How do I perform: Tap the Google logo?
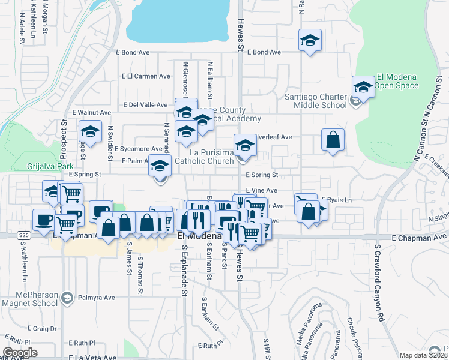[20, 353]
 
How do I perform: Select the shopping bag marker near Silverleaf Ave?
[333, 140]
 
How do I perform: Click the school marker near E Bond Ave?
[310, 41]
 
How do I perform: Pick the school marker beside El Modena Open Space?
[364, 87]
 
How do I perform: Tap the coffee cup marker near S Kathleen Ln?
[43, 220]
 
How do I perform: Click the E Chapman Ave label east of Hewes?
[415, 238]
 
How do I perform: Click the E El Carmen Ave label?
[146, 76]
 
